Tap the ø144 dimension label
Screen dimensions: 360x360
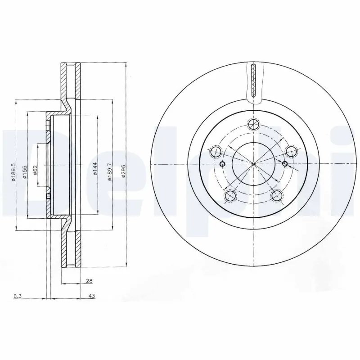tap(95, 168)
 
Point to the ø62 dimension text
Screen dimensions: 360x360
tap(35, 171)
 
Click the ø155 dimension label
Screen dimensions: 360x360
tap(25, 171)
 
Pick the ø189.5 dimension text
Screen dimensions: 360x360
tap(14, 171)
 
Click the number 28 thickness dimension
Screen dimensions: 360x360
tap(89, 281)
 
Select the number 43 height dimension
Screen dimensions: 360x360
tap(91, 296)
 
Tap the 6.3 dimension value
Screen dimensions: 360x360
tap(17, 296)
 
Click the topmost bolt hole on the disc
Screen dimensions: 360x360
tap(254, 125)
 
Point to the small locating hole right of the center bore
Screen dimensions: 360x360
tap(285, 163)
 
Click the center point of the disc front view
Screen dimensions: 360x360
tap(254, 163)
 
